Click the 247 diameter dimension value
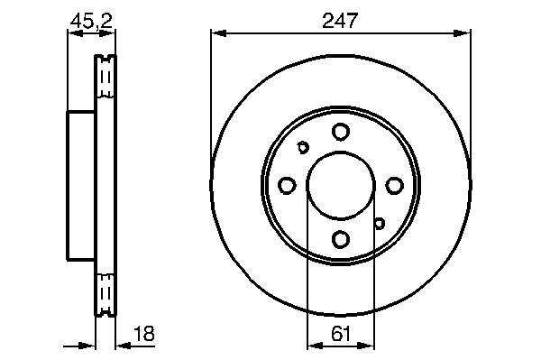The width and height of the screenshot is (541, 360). pyautogui.click(x=340, y=21)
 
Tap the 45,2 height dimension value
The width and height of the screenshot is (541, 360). pyautogui.click(x=91, y=22)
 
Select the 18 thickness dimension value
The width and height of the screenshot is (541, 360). pyautogui.click(x=144, y=334)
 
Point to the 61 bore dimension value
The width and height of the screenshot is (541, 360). pyautogui.click(x=341, y=334)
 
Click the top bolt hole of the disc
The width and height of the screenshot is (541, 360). pyautogui.click(x=341, y=132)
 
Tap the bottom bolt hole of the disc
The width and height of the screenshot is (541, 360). pyautogui.click(x=341, y=239)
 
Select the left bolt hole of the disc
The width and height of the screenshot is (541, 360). pyautogui.click(x=287, y=185)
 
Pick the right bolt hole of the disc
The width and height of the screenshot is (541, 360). pyautogui.click(x=394, y=185)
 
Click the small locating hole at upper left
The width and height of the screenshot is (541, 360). pyautogui.click(x=303, y=147)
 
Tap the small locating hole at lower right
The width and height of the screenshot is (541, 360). pyautogui.click(x=380, y=224)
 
